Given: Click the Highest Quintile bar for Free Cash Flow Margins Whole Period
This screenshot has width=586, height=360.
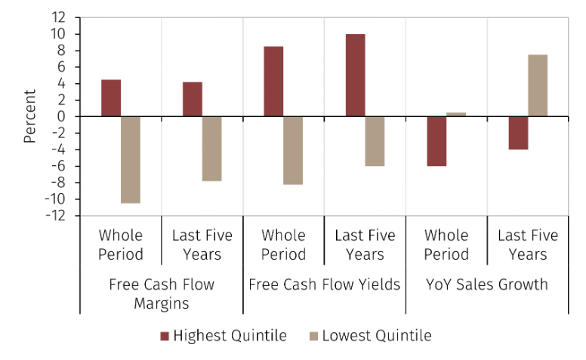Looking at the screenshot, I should click(x=111, y=98).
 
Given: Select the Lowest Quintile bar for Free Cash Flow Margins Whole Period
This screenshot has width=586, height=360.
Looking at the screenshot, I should click(x=131, y=159).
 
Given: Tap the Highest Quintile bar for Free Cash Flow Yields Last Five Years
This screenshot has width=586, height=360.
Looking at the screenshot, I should click(x=355, y=75).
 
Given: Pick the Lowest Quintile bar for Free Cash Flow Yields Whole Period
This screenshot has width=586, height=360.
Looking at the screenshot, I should click(x=293, y=150).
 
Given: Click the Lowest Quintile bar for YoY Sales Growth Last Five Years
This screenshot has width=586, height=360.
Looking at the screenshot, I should click(x=538, y=85).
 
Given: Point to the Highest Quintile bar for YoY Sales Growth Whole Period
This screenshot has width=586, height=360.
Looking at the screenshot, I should click(x=436, y=141).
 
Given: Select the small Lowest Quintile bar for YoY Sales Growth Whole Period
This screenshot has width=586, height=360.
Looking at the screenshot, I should click(x=456, y=114).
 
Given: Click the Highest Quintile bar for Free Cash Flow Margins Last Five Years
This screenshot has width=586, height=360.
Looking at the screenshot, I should click(x=193, y=99).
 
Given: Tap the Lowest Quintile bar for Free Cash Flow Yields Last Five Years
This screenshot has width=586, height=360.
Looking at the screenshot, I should click(x=375, y=141).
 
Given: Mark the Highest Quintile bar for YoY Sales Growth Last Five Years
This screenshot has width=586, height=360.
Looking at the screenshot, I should click(x=518, y=133).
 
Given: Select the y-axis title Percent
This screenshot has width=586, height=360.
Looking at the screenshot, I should click(x=29, y=116).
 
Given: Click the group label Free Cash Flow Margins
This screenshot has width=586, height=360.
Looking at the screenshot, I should click(x=161, y=294).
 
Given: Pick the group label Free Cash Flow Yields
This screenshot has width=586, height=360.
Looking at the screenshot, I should click(x=324, y=285).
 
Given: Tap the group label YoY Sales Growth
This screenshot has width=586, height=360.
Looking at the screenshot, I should click(x=487, y=285).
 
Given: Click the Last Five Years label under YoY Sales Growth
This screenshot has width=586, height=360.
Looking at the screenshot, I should click(x=527, y=245).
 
